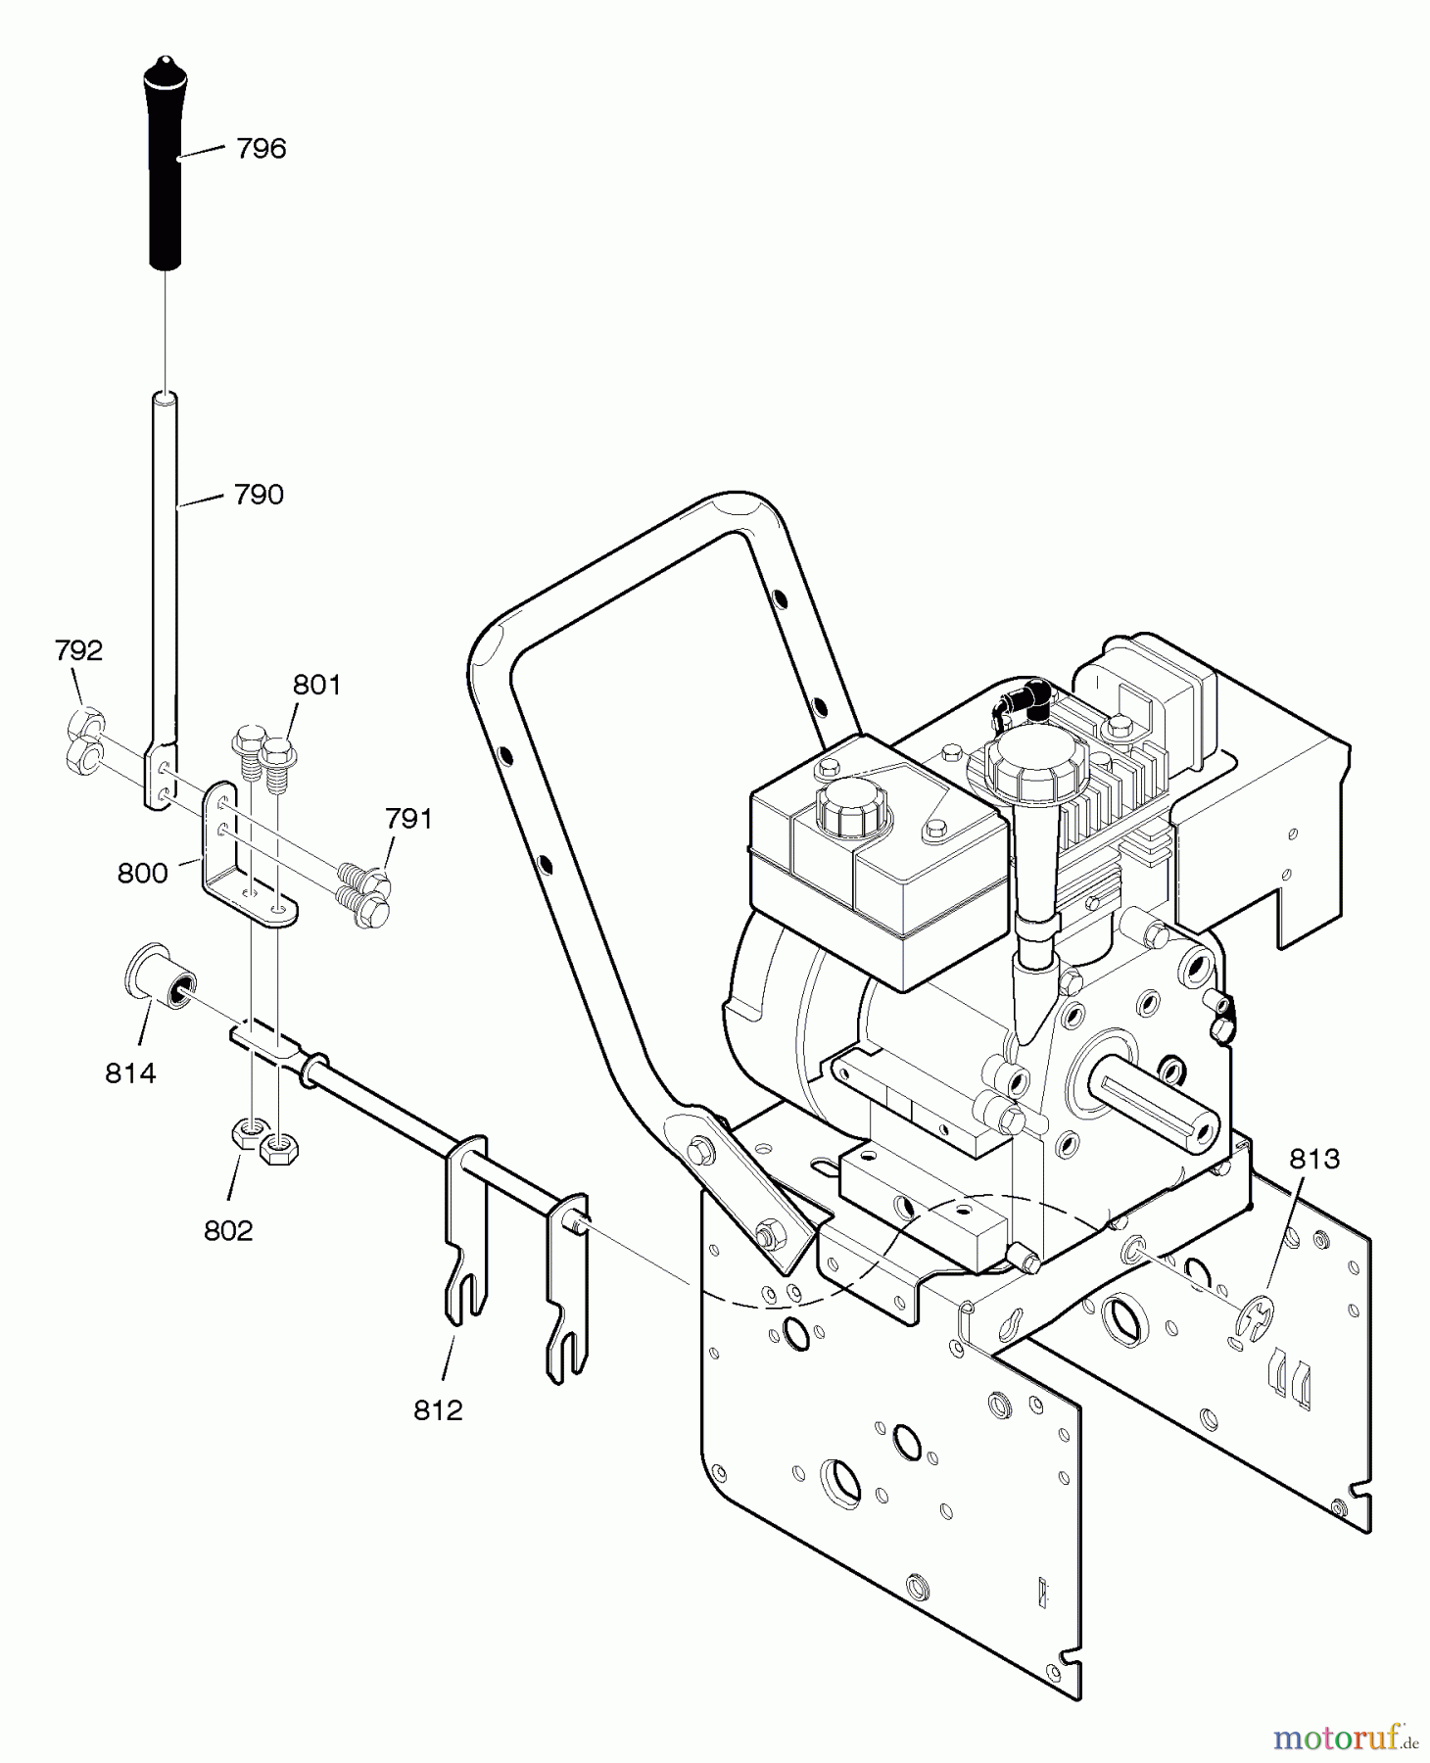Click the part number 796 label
pyautogui.click(x=261, y=149)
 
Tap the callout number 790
pyautogui.click(x=259, y=495)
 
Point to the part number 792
pyautogui.click(x=78, y=650)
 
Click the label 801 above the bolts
pyautogui.click(x=316, y=685)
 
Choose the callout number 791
pyautogui.click(x=408, y=819)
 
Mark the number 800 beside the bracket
pyautogui.click(x=142, y=873)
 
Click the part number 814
pyautogui.click(x=130, y=1073)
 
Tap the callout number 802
pyautogui.click(x=228, y=1230)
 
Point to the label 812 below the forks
pyautogui.click(x=437, y=1410)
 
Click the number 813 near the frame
pyautogui.click(x=1313, y=1159)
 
